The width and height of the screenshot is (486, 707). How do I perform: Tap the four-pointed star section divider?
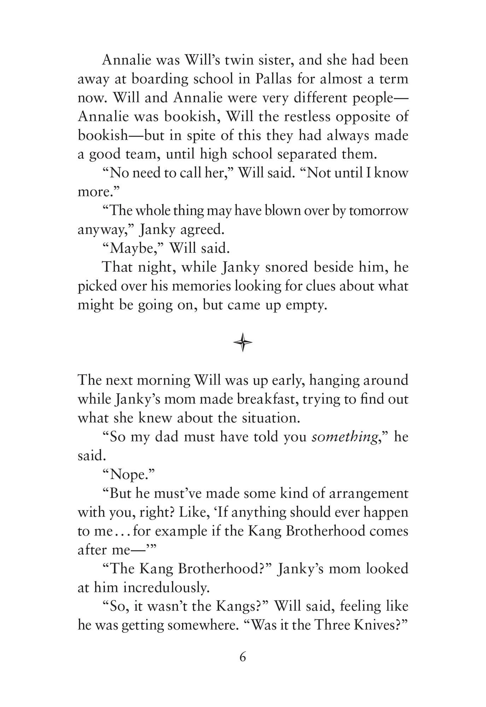pyautogui.click(x=243, y=342)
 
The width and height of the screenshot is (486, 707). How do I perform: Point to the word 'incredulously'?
pyautogui.click(x=169, y=588)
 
